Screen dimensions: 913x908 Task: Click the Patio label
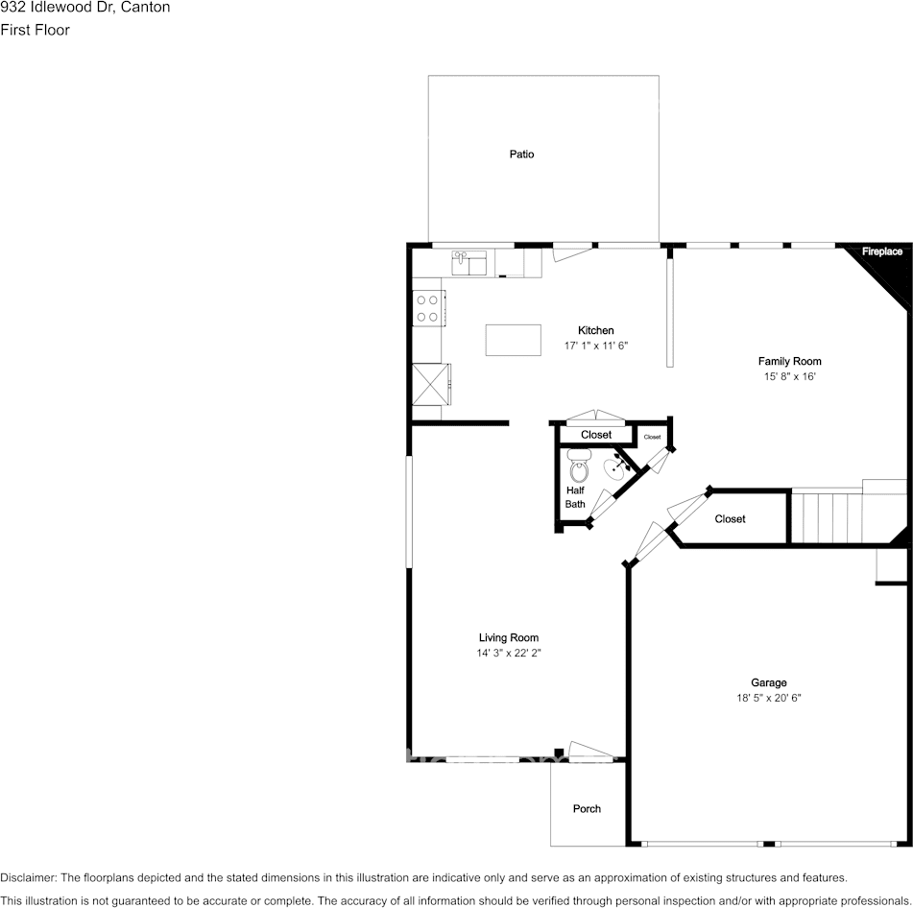(521, 155)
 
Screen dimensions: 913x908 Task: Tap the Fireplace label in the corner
(882, 251)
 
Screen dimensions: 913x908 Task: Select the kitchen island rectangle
(513, 340)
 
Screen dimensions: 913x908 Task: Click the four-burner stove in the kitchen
(428, 308)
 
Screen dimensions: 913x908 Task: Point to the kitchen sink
(469, 263)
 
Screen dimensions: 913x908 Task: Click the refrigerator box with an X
(431, 384)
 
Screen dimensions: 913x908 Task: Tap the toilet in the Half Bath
(579, 466)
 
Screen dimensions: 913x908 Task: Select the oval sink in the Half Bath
(615, 468)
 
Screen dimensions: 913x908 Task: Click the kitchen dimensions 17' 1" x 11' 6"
(595, 346)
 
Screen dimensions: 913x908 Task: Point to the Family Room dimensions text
(789, 376)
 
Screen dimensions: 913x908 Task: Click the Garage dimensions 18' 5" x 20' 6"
(769, 698)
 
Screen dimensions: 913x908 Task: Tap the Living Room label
(508, 638)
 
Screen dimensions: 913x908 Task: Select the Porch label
(587, 809)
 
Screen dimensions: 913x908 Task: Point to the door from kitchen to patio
(573, 252)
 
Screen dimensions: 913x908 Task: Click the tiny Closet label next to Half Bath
(652, 437)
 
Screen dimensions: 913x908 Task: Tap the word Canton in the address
(146, 8)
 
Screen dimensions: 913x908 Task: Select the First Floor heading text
(35, 30)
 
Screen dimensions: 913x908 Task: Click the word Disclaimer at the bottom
(28, 877)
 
